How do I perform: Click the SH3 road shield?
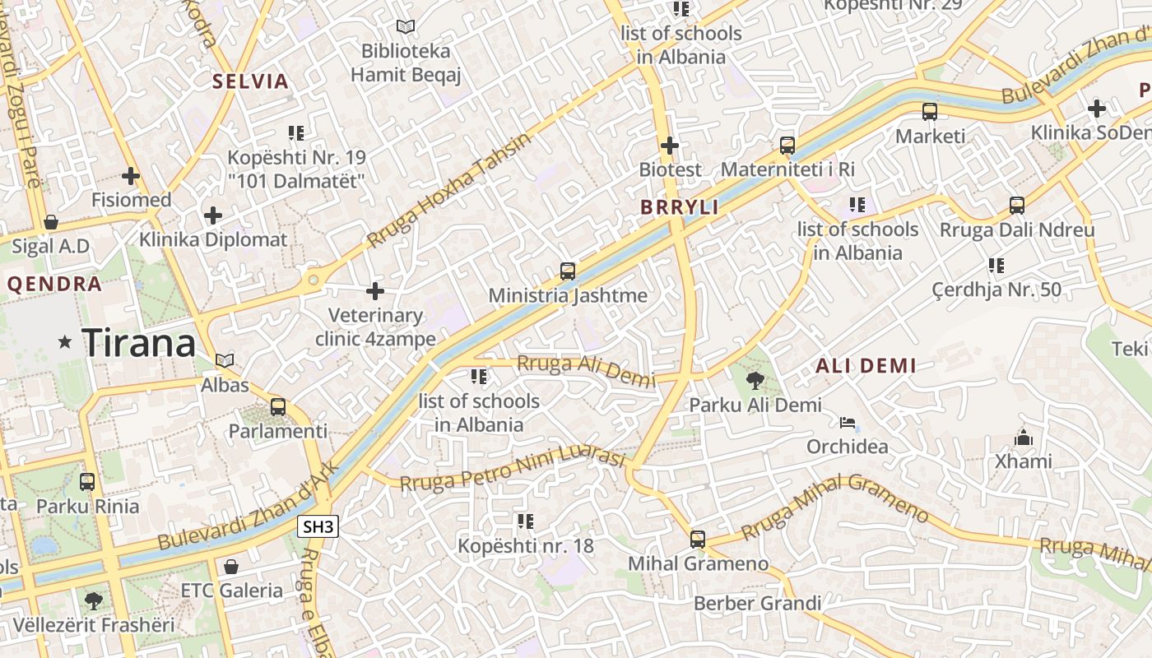(x=318, y=527)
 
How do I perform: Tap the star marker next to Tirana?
(x=65, y=341)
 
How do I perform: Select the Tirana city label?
(x=139, y=342)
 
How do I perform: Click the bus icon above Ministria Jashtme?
(x=567, y=271)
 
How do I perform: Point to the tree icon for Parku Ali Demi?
(x=755, y=380)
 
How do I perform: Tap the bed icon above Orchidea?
(x=847, y=423)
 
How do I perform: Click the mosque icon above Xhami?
(x=1024, y=438)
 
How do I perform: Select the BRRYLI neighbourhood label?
(x=680, y=207)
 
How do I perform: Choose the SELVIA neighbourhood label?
(x=251, y=81)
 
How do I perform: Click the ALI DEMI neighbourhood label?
(x=866, y=367)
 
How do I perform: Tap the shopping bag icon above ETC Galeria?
(x=231, y=567)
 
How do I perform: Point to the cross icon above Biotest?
(x=670, y=146)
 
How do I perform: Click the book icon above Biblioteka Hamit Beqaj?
(x=405, y=26)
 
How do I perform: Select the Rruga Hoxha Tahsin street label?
(x=449, y=190)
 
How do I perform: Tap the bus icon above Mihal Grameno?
(x=698, y=540)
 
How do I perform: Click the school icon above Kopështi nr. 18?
(x=525, y=521)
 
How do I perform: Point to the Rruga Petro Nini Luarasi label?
(x=513, y=470)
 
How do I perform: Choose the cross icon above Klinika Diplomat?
(x=213, y=215)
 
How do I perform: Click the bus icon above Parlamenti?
(x=278, y=406)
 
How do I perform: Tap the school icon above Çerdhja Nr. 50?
(x=996, y=265)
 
